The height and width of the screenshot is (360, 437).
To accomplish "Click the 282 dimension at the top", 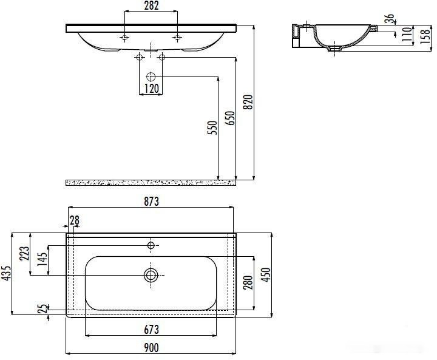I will coord(151,7).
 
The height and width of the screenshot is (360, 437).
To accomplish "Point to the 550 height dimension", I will coord(212,127).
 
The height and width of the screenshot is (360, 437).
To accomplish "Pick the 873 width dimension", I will coord(151,202).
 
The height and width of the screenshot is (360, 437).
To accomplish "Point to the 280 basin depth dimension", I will coord(248,283).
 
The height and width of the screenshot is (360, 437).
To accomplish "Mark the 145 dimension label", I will coord(41,261).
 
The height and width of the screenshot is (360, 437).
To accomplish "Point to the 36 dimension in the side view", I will coord(389,19).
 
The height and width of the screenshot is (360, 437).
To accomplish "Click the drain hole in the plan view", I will coord(151,276).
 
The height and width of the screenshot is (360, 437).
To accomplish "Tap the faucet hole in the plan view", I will coord(151,245).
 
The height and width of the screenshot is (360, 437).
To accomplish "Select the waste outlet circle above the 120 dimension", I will coord(151,77).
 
